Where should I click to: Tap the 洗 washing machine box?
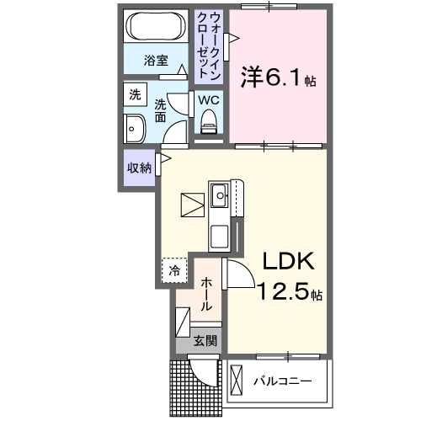tap(135, 95)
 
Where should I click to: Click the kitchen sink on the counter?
tap(221, 199)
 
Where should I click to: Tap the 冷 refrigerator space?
tap(173, 270)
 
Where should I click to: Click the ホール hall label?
tap(205, 292)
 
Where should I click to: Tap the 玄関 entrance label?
tap(205, 341)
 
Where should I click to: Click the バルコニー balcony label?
tap(283, 381)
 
